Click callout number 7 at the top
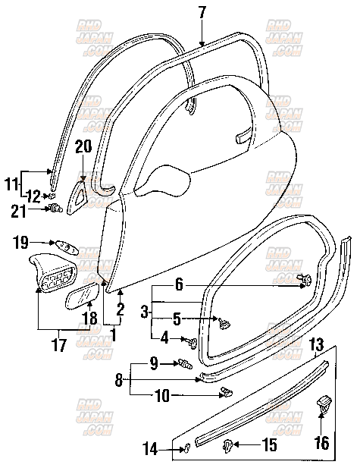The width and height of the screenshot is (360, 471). (202, 12)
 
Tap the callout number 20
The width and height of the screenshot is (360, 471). (83, 146)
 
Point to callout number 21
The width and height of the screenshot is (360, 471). (19, 210)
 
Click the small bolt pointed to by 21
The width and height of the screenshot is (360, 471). (56, 207)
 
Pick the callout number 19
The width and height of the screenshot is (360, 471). (20, 242)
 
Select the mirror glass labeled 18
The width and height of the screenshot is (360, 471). (83, 296)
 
